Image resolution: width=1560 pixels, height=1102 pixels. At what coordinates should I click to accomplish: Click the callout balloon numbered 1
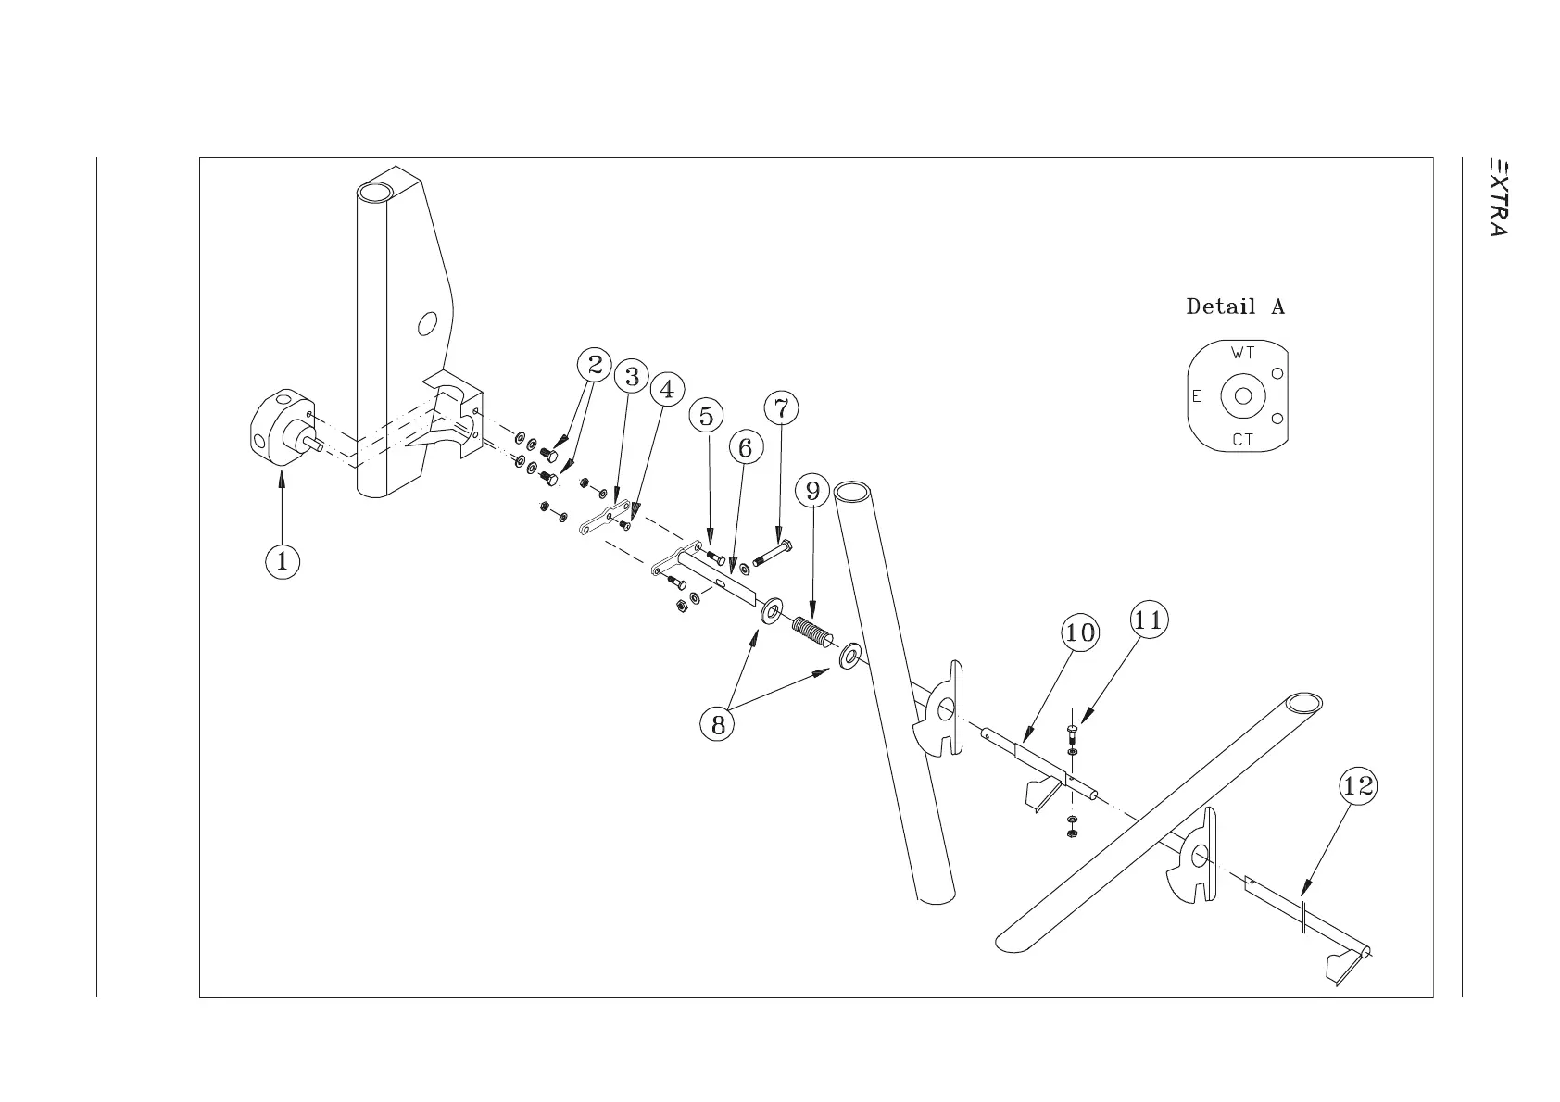283,561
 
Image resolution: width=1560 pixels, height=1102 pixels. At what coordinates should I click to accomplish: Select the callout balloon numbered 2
595,365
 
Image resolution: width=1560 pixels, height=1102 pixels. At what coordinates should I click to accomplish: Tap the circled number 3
632,377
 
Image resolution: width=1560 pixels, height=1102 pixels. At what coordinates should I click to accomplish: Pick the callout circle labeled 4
666,389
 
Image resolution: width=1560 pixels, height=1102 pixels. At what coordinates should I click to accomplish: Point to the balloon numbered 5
707,416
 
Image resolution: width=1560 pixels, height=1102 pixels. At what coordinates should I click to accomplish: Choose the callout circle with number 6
746,448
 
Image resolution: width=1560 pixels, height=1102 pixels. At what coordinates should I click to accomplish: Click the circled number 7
781,407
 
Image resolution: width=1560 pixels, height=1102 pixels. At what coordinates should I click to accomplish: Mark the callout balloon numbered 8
718,725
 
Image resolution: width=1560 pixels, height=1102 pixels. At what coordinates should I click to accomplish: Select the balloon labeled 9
812,490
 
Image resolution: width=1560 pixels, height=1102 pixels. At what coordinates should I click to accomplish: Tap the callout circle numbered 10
1079,633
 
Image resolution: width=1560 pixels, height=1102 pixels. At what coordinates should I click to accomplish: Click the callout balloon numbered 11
1148,620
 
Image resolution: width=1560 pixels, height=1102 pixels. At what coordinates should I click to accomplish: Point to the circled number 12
1358,787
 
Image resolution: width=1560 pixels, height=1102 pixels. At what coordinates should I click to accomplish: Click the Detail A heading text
1235,307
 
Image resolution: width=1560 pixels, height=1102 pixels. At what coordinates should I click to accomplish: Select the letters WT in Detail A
1242,353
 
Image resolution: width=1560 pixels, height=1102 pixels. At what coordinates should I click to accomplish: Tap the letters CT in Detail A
1242,440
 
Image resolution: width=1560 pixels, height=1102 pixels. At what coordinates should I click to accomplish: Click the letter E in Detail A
1197,396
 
